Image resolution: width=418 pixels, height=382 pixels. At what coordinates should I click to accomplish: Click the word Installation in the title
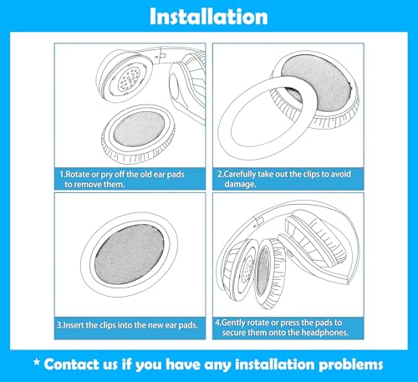(209, 17)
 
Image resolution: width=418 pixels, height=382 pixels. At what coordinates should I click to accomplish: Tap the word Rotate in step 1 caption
(78, 175)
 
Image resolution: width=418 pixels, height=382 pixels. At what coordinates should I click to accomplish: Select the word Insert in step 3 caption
(74, 325)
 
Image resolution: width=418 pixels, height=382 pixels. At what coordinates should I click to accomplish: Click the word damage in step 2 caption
(240, 184)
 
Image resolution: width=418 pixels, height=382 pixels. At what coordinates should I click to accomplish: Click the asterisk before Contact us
(37, 363)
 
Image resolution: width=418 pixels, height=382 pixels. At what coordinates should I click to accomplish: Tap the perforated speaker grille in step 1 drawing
(129, 79)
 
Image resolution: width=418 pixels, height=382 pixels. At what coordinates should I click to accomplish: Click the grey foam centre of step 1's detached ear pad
(140, 129)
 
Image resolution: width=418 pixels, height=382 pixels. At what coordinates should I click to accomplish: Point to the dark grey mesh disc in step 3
(130, 254)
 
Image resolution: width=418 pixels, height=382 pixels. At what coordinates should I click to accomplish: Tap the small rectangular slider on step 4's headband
(259, 222)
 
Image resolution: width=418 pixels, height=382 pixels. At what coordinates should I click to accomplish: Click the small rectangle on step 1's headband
(163, 56)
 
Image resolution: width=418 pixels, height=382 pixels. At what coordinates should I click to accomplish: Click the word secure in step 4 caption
(232, 333)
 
